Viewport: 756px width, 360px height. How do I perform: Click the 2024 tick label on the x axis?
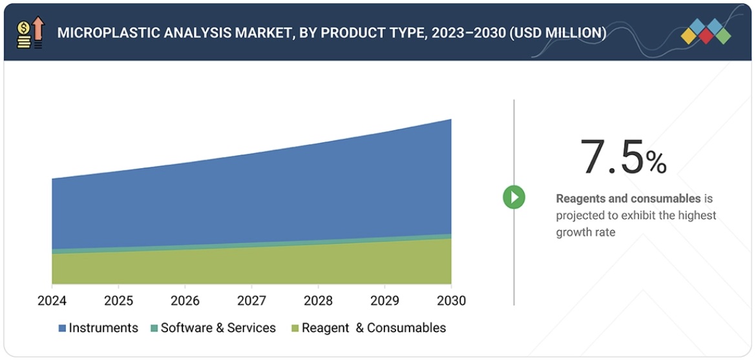pos(52,301)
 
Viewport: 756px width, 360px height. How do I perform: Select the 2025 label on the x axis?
pos(118,301)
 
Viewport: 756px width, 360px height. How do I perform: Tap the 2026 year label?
pos(185,301)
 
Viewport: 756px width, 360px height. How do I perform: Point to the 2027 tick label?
pos(251,301)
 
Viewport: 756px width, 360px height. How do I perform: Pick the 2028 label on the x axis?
pos(318,301)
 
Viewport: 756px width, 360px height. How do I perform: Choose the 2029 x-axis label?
pos(384,301)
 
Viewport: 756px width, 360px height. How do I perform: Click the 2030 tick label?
pos(450,301)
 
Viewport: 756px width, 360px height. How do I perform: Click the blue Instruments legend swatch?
pos(62,328)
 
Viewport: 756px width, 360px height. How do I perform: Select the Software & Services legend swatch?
pos(154,328)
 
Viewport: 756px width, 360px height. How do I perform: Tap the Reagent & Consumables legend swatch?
pos(295,328)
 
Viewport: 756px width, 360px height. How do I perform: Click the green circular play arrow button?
pos(514,197)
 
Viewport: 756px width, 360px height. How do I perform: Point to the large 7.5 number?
pos(611,158)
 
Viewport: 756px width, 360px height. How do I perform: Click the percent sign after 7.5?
pos(656,163)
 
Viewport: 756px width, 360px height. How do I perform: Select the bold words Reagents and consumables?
pos(628,198)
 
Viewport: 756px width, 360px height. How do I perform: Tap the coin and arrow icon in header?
pos(30,33)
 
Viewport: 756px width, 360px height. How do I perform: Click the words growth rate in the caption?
pos(585,232)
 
